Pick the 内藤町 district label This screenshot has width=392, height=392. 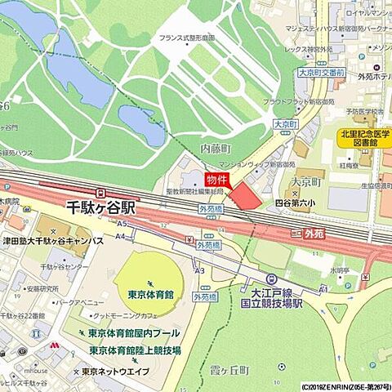pos(216,149)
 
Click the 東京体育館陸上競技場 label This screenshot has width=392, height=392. pos(136,350)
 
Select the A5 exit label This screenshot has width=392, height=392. pos(122,223)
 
